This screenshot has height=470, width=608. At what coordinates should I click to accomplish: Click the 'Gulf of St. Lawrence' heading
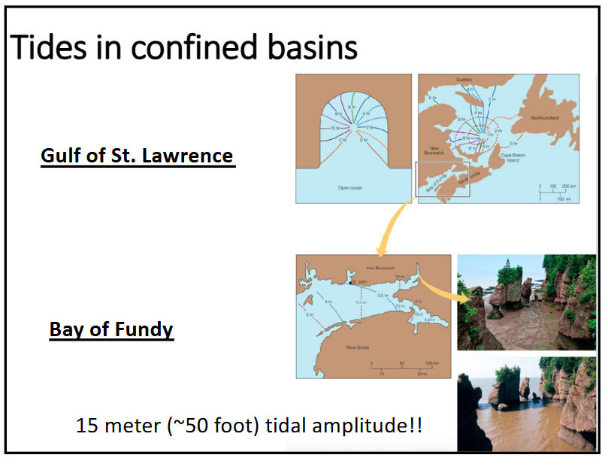click(x=138, y=156)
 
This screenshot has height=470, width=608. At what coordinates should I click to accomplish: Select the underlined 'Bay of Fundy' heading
click(x=112, y=329)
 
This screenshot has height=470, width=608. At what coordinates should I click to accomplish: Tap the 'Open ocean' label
click(x=350, y=187)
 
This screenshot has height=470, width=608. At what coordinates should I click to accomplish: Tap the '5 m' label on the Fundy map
click(x=309, y=314)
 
